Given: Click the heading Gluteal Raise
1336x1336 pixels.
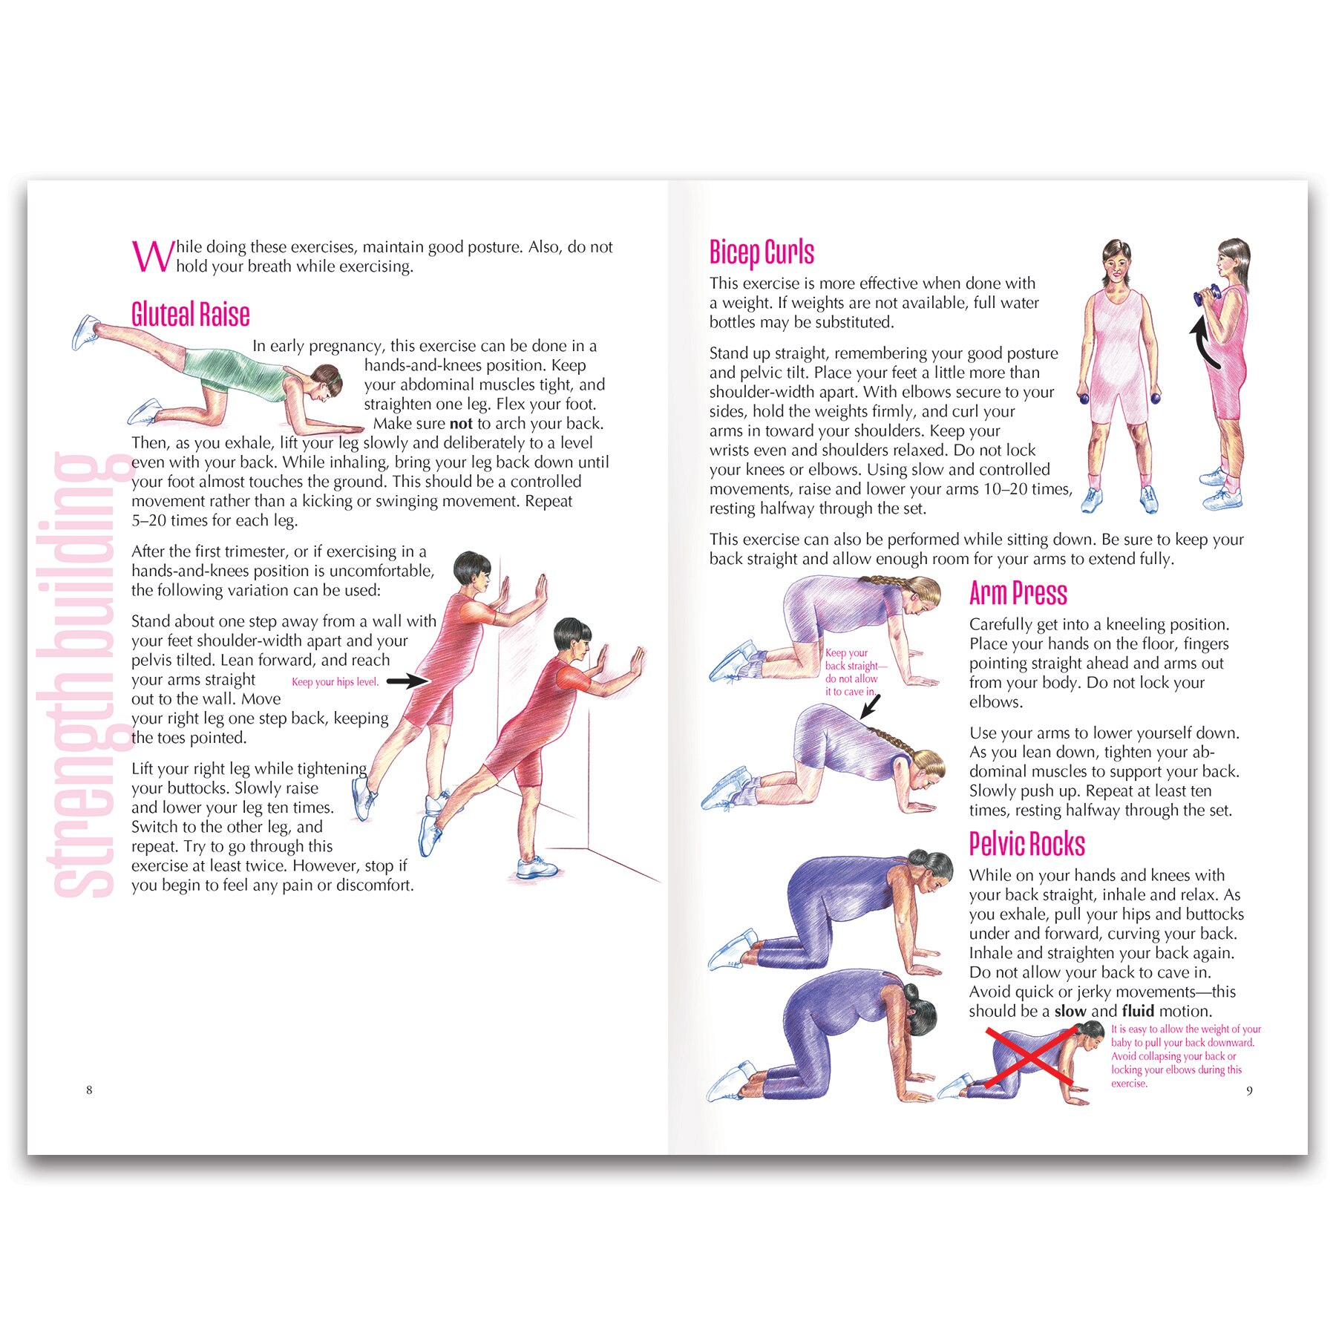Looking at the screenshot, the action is click(190, 314).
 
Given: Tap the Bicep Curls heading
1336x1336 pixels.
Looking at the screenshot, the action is click(762, 252).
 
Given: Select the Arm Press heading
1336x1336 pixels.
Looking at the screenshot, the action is click(1018, 593).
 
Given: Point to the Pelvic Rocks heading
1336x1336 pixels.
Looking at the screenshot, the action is click(1026, 844).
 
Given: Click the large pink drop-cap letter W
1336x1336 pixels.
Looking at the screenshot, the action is click(153, 256).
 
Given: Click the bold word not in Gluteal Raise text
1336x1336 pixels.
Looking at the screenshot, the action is click(461, 424).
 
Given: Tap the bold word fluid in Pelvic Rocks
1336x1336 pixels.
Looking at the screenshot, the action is click(1138, 1011).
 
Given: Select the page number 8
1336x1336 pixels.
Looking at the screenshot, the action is click(89, 1090).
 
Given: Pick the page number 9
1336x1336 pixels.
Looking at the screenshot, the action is click(1249, 1090).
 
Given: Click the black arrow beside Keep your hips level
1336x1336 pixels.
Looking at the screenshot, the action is click(407, 681).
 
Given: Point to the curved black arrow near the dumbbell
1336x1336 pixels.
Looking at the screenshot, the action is click(1202, 341).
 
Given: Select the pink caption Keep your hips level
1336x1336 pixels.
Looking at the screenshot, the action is click(335, 682).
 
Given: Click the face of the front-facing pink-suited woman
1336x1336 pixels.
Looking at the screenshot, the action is click(1117, 262).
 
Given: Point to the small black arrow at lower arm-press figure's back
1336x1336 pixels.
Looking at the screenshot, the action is click(869, 706).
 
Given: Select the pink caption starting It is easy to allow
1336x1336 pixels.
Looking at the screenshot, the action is click(1185, 1056).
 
